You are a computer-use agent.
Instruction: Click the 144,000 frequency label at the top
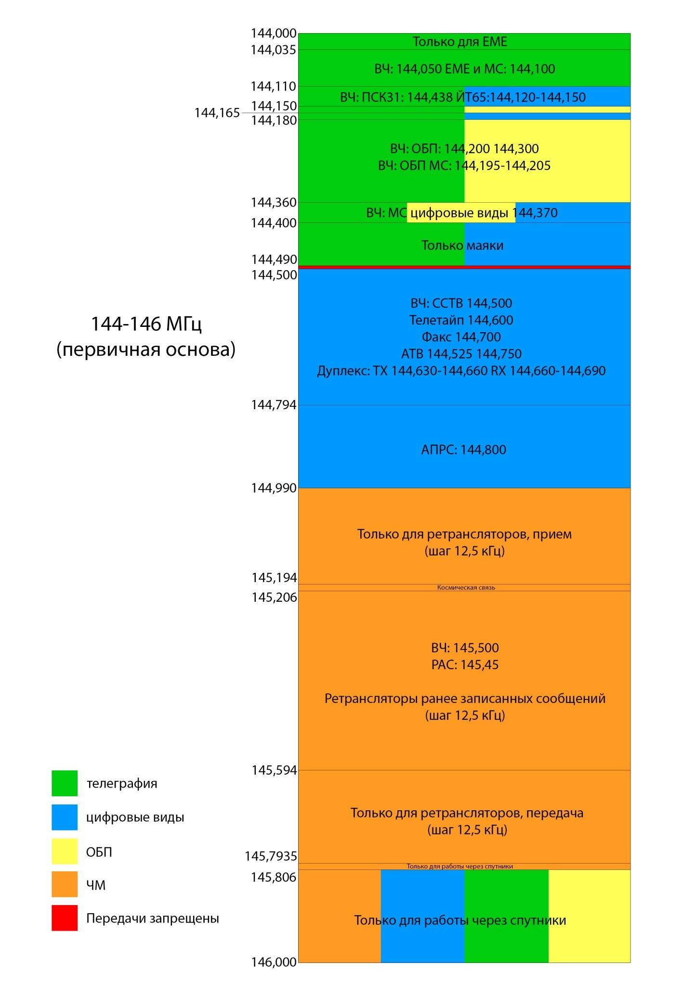point(273,33)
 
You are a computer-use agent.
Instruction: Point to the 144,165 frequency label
point(217,113)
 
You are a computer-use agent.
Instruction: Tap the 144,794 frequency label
point(274,405)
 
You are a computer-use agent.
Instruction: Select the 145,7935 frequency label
point(271,856)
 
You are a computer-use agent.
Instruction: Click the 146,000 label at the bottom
point(274,962)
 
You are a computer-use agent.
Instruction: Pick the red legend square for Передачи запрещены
point(65,918)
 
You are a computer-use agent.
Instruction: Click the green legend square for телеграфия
point(65,783)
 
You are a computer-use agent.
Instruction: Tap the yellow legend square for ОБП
point(65,851)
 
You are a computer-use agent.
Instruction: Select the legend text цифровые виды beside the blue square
point(135,817)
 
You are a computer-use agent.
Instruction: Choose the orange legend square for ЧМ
point(65,884)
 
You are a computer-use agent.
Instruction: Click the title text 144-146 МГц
point(146,324)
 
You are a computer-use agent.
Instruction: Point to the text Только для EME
point(460,42)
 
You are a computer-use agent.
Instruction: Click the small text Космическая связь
point(466,587)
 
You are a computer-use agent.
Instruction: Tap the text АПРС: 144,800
point(463,450)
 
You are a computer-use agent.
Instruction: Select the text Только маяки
point(462,246)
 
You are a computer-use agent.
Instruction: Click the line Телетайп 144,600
point(461,320)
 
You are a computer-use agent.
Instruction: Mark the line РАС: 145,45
point(465,665)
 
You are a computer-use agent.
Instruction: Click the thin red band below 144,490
point(464,267)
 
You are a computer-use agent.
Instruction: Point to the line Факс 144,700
point(461,337)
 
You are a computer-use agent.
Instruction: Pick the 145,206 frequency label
point(274,597)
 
